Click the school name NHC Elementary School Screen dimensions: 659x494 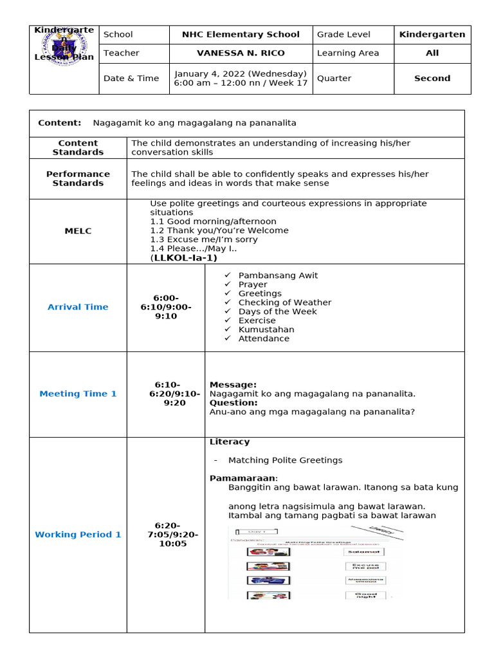pyautogui.click(x=241, y=35)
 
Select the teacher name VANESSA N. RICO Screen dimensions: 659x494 pyautogui.click(x=241, y=53)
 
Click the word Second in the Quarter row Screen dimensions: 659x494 pyautogui.click(x=432, y=79)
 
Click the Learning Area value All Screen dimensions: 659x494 pyautogui.click(x=432, y=53)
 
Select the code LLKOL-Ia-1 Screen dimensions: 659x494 pyautogui.click(x=184, y=258)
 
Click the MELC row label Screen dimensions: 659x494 pyautogui.click(x=78, y=230)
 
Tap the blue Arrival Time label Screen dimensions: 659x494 pyautogui.click(x=78, y=307)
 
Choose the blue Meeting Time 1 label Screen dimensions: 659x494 pyautogui.click(x=78, y=394)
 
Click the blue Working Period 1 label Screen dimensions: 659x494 pyautogui.click(x=78, y=535)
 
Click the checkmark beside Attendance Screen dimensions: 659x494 pyautogui.click(x=227, y=339)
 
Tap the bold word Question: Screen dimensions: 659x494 pyautogui.click(x=233, y=403)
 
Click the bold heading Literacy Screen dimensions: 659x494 pyautogui.click(x=230, y=442)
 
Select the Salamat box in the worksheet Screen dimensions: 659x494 pyautogui.click(x=365, y=552)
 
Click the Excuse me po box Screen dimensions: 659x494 pyautogui.click(x=365, y=566)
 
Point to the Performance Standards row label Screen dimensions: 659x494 pyautogui.click(x=78, y=179)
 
